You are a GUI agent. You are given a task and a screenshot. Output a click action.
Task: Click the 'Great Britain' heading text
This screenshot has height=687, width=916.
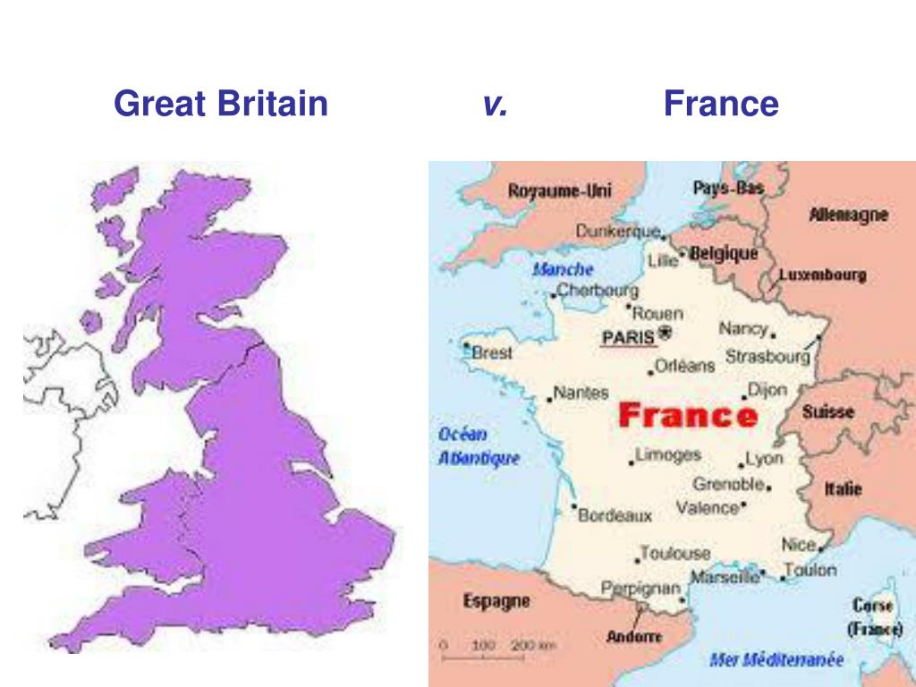pyautogui.click(x=221, y=105)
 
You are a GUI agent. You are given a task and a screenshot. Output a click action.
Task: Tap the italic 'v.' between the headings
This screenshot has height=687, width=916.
pyautogui.click(x=495, y=105)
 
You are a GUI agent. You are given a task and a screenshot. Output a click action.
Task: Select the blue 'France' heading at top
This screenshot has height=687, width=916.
pyautogui.click(x=721, y=105)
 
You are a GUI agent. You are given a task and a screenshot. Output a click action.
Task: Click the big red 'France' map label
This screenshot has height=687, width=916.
pyautogui.click(x=688, y=415)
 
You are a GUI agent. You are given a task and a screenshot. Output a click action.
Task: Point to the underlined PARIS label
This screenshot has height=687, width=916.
pyautogui.click(x=628, y=337)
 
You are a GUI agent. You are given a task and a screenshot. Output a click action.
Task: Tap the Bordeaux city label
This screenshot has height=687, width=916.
pyautogui.click(x=615, y=515)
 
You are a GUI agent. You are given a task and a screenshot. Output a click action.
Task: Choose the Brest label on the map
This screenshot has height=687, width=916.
pyautogui.click(x=492, y=352)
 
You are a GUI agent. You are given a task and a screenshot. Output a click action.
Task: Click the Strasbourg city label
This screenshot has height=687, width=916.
pyautogui.click(x=767, y=356)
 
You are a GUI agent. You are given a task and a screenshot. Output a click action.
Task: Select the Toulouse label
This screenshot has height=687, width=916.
pyautogui.click(x=674, y=554)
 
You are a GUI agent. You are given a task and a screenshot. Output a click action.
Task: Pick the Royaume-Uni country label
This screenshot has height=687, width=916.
pyautogui.click(x=560, y=191)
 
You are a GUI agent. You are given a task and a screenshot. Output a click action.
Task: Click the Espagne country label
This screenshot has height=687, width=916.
pyautogui.click(x=496, y=601)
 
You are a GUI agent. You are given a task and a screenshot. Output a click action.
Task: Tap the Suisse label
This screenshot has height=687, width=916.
pyautogui.click(x=827, y=412)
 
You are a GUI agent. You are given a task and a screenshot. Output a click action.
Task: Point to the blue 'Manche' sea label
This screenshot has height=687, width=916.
pyautogui.click(x=563, y=268)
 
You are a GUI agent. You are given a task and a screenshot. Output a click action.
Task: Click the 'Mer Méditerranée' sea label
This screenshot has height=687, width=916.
pyautogui.click(x=776, y=660)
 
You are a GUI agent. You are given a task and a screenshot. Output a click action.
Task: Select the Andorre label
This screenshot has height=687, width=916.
pyautogui.click(x=634, y=637)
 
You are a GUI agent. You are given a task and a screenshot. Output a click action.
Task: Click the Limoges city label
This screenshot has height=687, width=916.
pyautogui.click(x=667, y=454)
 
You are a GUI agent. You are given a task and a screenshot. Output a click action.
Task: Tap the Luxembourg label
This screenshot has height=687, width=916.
pyautogui.click(x=822, y=275)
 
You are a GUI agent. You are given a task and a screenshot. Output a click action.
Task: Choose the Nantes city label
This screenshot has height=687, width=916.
pyautogui.click(x=581, y=392)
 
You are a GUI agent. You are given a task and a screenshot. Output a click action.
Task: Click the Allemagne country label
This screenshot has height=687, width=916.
pyautogui.click(x=849, y=215)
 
